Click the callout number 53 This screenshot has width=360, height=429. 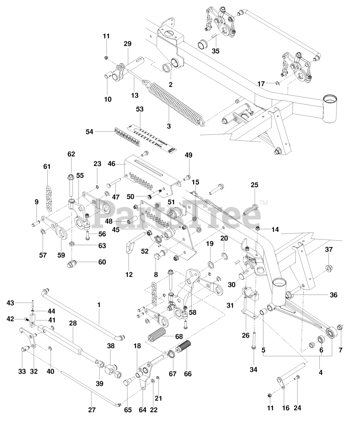click(x=140, y=109)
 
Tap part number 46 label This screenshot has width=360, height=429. click(x=111, y=164)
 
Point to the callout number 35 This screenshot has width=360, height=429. click(x=216, y=51)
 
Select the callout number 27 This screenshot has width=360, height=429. click(x=92, y=410)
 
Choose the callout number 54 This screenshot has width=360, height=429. click(x=89, y=132)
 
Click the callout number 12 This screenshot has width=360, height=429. click(x=129, y=275)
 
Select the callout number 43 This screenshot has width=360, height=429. click(x=10, y=303)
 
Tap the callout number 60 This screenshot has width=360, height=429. click(x=102, y=262)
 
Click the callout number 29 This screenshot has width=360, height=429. click(x=127, y=44)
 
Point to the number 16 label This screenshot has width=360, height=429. click(x=286, y=408)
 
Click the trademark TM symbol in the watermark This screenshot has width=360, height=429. click(x=263, y=203)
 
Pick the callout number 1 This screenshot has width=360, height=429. click(x=99, y=305)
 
